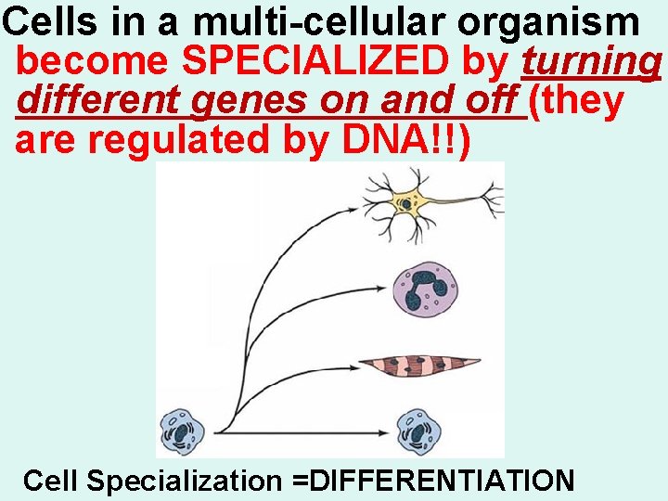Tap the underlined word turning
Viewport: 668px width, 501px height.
point(591,62)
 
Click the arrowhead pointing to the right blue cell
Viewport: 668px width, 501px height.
point(384,431)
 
